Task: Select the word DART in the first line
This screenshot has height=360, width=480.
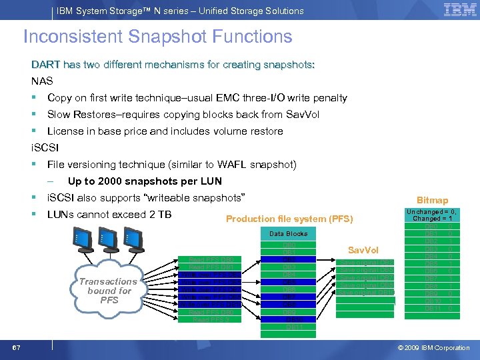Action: (x=45, y=65)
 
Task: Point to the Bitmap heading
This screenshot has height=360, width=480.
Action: (x=432, y=200)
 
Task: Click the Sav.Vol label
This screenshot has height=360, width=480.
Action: (x=363, y=249)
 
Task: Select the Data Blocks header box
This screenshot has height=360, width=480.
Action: (x=288, y=234)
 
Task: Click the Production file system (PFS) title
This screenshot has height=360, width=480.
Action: (x=289, y=219)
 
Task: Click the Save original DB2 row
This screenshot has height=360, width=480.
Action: (x=366, y=262)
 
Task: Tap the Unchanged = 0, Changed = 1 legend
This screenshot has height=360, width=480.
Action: (x=433, y=214)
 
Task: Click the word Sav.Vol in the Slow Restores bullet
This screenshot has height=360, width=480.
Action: (x=303, y=115)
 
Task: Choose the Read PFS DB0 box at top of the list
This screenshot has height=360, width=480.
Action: (x=211, y=259)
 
